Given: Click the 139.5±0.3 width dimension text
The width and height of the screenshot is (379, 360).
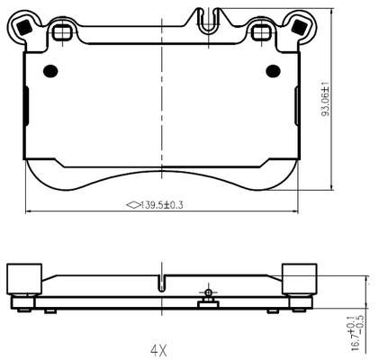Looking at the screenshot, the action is click(x=162, y=205).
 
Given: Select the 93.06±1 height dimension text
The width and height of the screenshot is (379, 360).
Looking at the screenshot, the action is click(x=326, y=99).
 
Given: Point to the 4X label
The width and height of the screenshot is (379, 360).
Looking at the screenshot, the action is click(x=158, y=350).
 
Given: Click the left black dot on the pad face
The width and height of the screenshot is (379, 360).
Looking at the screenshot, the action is click(x=50, y=71).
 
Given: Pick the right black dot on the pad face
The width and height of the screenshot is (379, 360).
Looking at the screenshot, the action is click(x=273, y=71).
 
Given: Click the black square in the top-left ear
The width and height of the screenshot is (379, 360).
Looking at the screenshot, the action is click(x=24, y=27).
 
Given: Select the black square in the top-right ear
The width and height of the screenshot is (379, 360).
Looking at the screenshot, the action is click(x=299, y=27).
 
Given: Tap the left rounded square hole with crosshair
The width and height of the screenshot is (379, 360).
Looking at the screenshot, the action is click(x=62, y=32).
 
